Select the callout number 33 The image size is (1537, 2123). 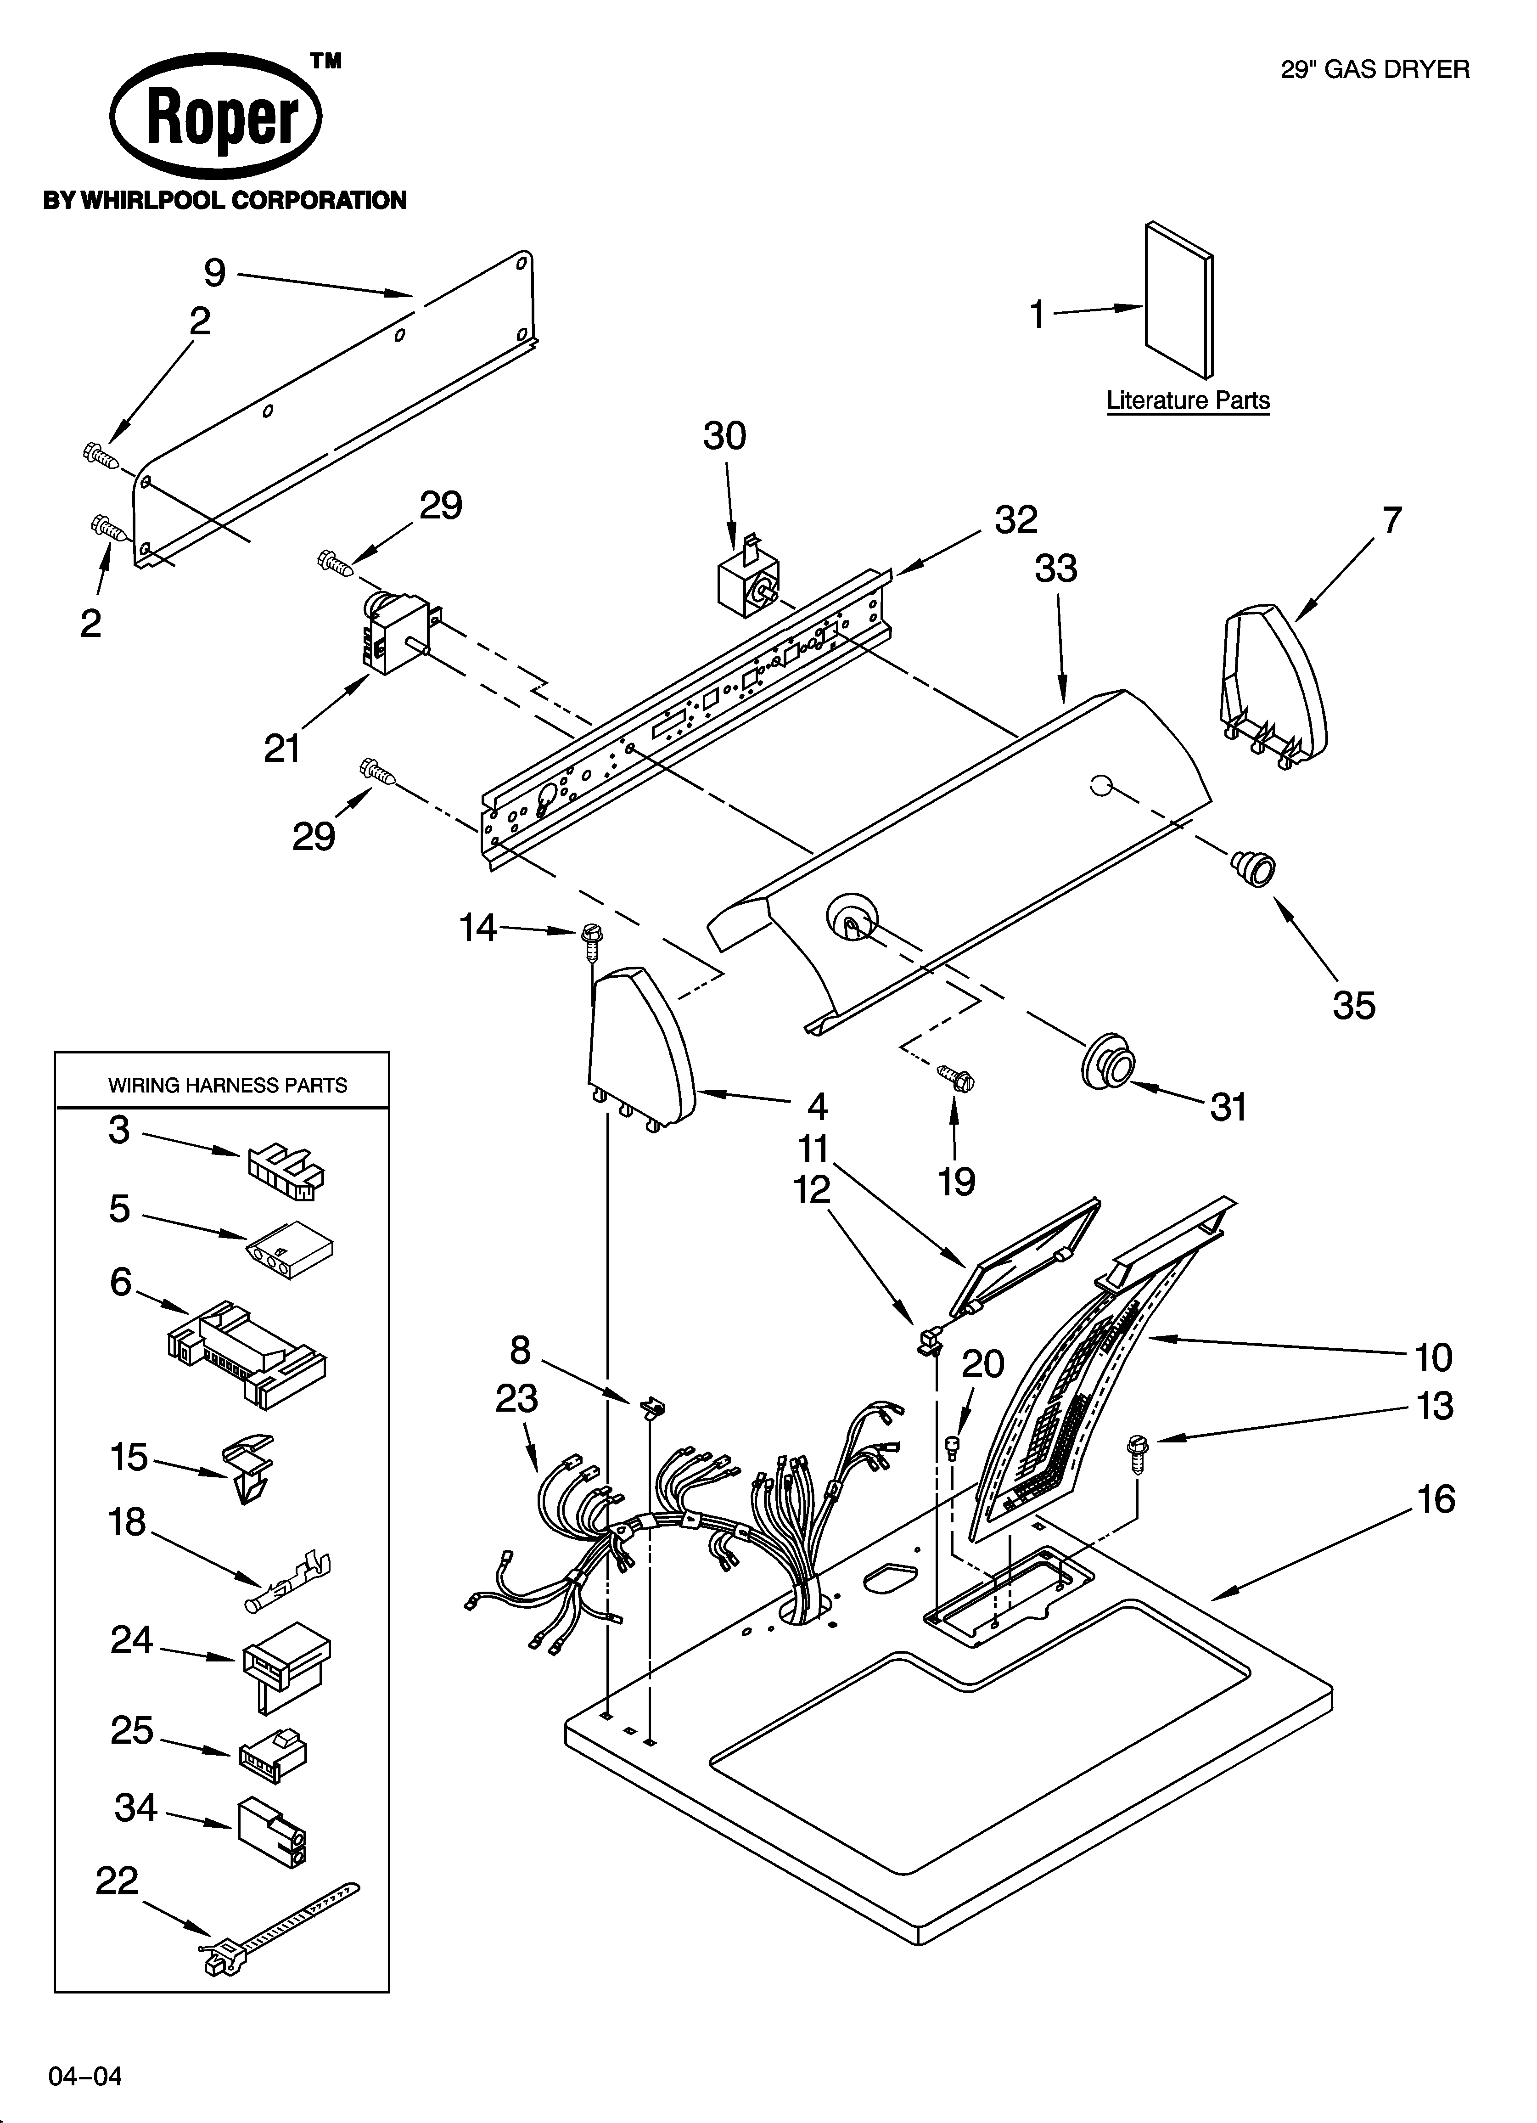coord(1056,568)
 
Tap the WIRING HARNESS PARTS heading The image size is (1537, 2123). coord(227,1085)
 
